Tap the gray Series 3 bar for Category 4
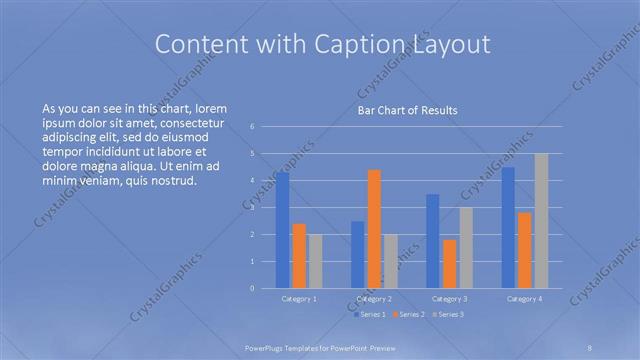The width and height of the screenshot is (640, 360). tap(541, 221)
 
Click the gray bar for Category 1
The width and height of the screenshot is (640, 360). tap(315, 261)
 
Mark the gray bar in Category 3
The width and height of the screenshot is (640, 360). tap(466, 248)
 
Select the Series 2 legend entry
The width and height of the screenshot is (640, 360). tap(409, 314)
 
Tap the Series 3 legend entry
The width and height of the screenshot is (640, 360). tap(448, 314)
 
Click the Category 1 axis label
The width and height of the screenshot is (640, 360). tap(299, 298)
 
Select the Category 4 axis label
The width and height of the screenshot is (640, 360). tap(525, 298)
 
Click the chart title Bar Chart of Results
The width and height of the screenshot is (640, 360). tap(407, 110)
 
